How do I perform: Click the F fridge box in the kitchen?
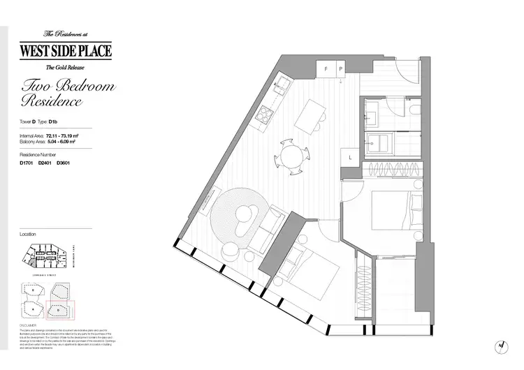point(326,69)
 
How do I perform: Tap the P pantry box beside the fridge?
point(341,69)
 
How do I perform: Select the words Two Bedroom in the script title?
point(68,87)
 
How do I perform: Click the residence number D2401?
point(45,163)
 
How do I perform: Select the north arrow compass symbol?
point(500,343)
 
